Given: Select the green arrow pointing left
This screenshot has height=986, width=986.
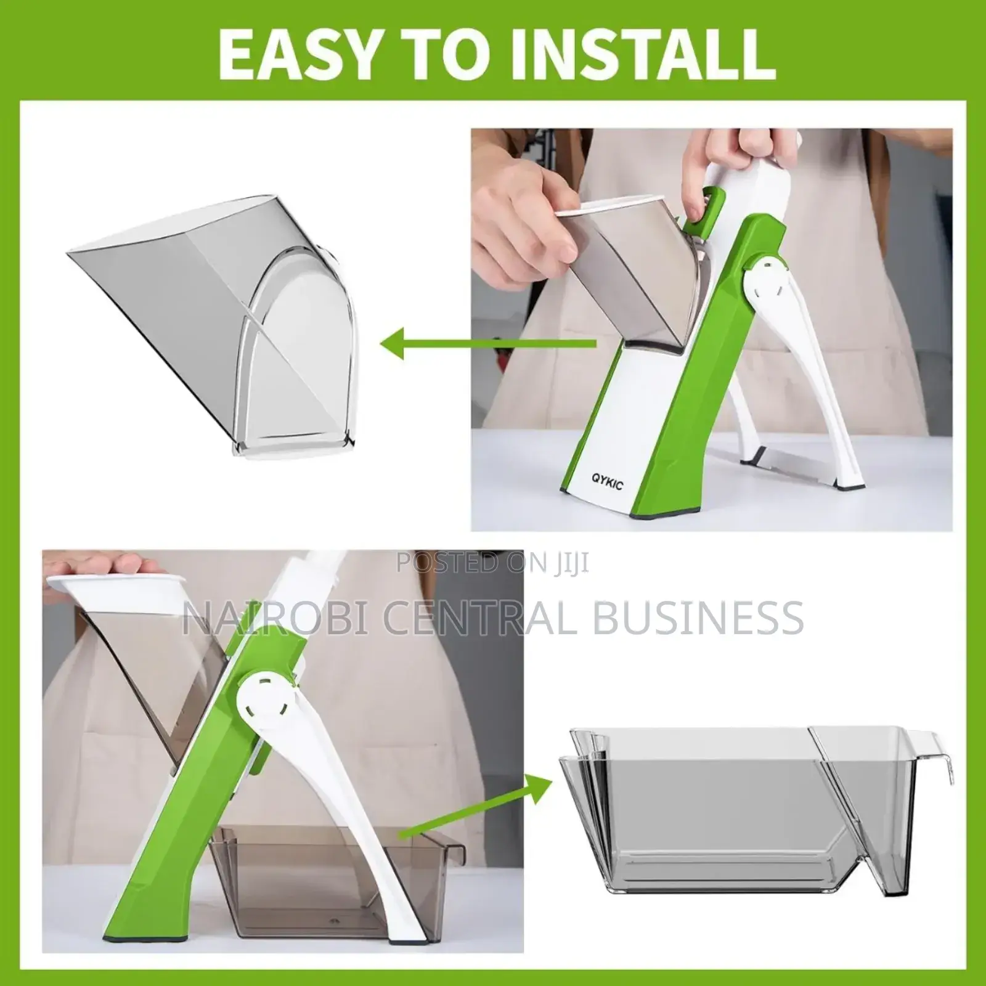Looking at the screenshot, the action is tap(487, 343).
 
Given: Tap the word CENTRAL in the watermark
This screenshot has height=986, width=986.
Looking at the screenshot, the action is tap(481, 617).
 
